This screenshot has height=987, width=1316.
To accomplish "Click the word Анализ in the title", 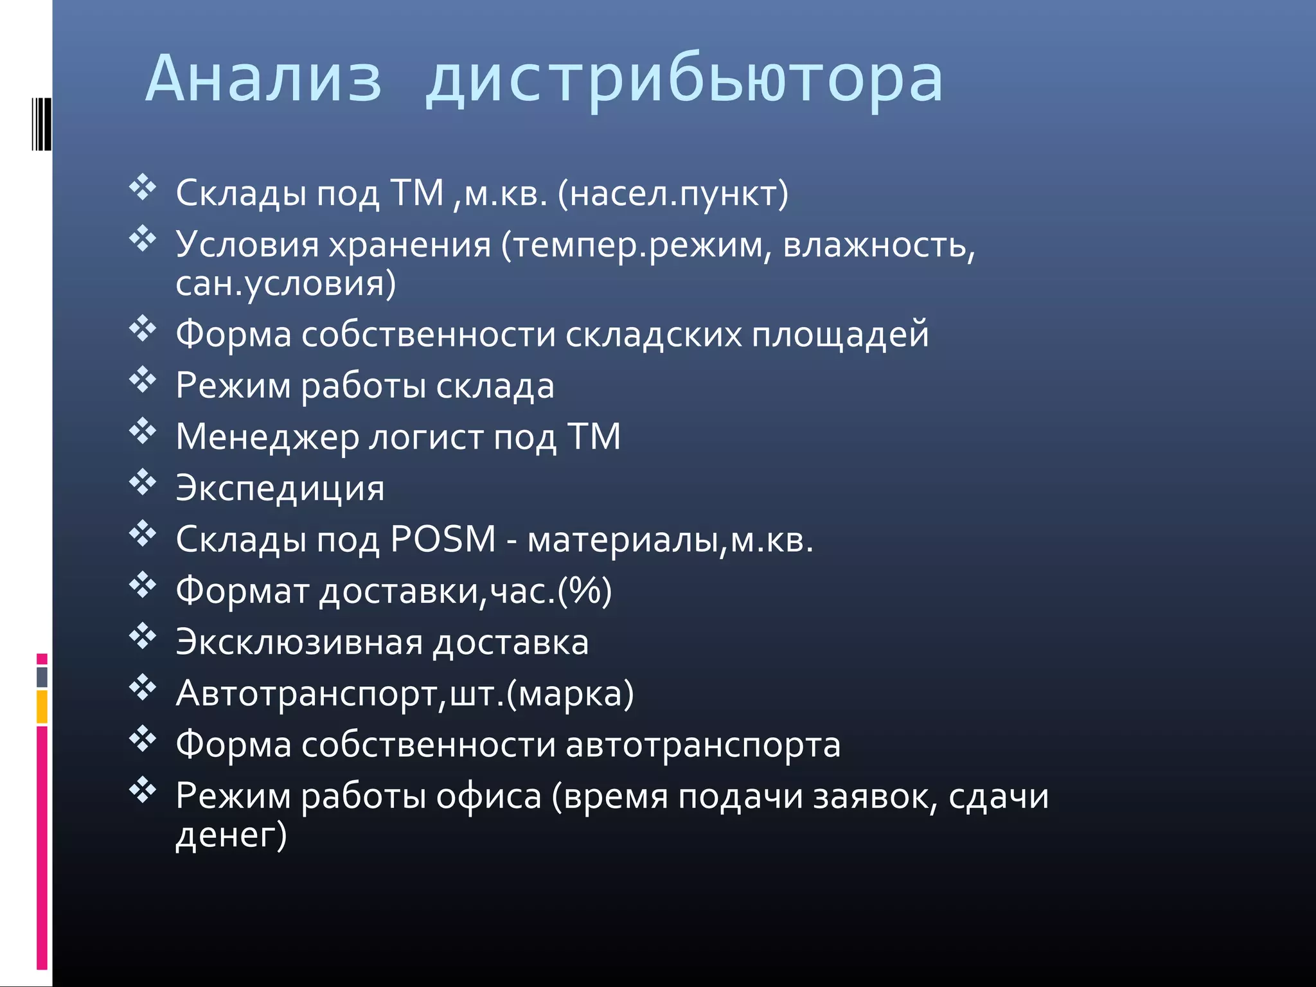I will [x=263, y=79].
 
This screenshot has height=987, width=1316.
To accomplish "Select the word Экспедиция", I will [x=280, y=488].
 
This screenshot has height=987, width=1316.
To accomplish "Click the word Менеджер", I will [x=267, y=438].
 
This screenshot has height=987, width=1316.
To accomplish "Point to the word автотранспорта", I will [x=703, y=745].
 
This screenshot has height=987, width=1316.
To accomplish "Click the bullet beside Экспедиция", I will [x=143, y=483].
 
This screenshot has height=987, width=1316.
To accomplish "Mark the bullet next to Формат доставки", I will [x=143, y=585].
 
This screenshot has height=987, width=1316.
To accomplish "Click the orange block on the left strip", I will [x=42, y=707].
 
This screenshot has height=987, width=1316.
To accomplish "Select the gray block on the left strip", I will [x=42, y=677].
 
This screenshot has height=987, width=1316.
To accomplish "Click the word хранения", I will [x=409, y=245].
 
